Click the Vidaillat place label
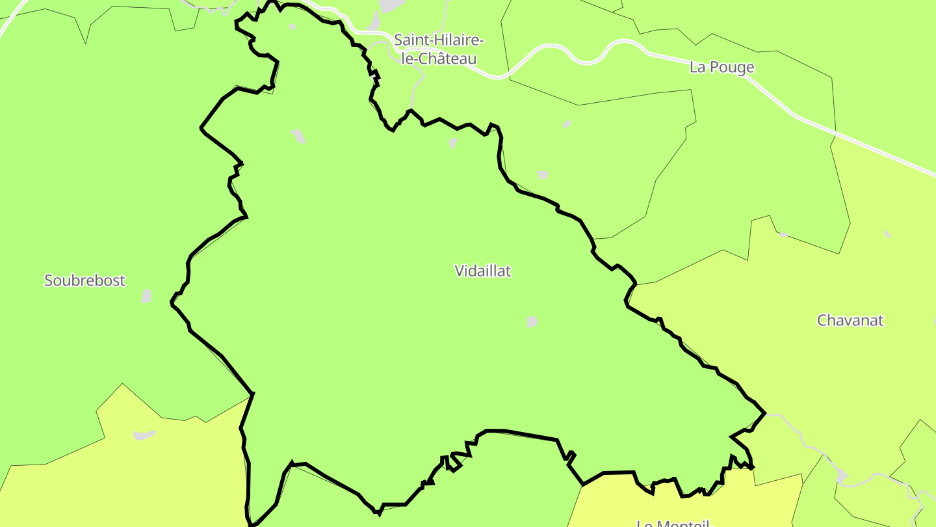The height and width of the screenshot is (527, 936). tap(483, 271)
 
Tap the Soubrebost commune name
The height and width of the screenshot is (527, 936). tap(84, 281)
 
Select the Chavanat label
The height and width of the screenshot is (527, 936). tap(850, 321)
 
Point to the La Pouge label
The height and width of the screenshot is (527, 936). tap(721, 68)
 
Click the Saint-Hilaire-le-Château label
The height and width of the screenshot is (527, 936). tap(439, 49)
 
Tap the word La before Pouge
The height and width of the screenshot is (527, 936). tap(697, 68)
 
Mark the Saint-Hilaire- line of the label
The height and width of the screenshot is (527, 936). tap(439, 40)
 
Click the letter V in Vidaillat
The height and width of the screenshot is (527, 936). tap(460, 271)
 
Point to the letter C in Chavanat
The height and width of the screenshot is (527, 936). tap(822, 321)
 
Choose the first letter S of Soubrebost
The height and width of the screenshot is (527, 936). tap(48, 281)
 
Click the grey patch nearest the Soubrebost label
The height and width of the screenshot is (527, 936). tap(146, 296)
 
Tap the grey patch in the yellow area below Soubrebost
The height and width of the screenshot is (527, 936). tap(144, 435)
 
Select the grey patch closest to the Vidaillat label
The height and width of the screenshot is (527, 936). tap(532, 321)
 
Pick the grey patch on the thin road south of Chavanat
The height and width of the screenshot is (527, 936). tap(843, 476)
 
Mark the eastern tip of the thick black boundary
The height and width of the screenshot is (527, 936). tap(765, 413)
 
